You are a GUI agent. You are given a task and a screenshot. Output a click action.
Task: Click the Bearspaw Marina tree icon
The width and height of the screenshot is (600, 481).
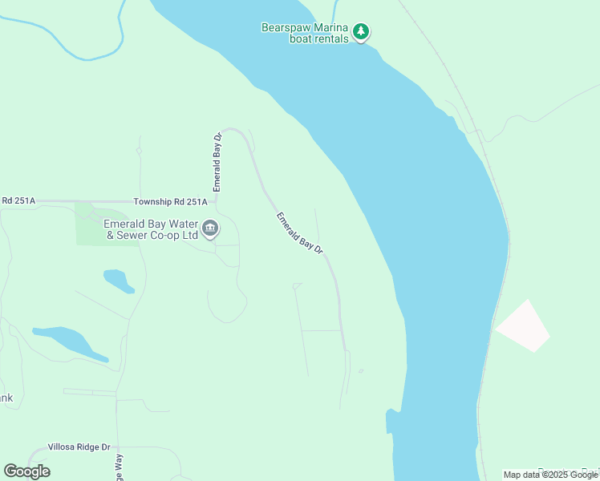[x=361, y=31]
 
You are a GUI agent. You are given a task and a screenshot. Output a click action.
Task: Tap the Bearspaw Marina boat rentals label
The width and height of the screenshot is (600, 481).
[x=306, y=33]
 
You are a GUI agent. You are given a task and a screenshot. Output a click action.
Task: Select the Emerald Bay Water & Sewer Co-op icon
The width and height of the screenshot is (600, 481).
[x=210, y=229]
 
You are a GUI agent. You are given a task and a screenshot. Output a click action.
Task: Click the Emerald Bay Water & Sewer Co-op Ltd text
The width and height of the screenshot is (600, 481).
[x=151, y=230]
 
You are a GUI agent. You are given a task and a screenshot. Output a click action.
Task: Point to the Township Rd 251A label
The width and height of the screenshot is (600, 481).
[x=170, y=201]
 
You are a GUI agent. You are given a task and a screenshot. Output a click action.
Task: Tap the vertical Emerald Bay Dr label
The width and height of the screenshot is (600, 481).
[x=217, y=162]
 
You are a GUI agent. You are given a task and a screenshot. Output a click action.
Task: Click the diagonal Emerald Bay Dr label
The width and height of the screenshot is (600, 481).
[x=299, y=233]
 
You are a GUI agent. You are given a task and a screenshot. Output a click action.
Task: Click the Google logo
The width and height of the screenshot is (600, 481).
[x=27, y=471]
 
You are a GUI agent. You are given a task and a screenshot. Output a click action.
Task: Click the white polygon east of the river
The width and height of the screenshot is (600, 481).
[x=523, y=326]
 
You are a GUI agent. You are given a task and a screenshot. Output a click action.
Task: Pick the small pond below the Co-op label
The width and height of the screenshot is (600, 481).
[x=117, y=280]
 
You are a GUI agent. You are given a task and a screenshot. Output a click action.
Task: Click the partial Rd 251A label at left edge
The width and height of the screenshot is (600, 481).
[x=18, y=200]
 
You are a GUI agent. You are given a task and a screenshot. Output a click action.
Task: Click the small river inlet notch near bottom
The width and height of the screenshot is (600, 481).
[x=392, y=420]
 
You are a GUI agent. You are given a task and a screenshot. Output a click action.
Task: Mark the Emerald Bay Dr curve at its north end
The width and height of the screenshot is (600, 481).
[x=234, y=129]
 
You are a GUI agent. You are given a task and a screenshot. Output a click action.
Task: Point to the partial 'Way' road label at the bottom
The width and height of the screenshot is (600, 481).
[x=118, y=467]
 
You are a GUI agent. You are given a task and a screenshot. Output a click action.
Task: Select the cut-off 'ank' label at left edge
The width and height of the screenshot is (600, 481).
[x=6, y=398]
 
